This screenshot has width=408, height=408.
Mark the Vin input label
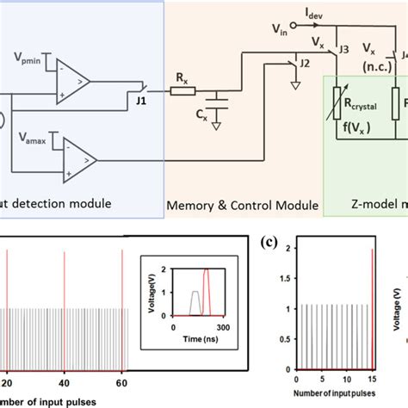(x=280, y=31)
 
